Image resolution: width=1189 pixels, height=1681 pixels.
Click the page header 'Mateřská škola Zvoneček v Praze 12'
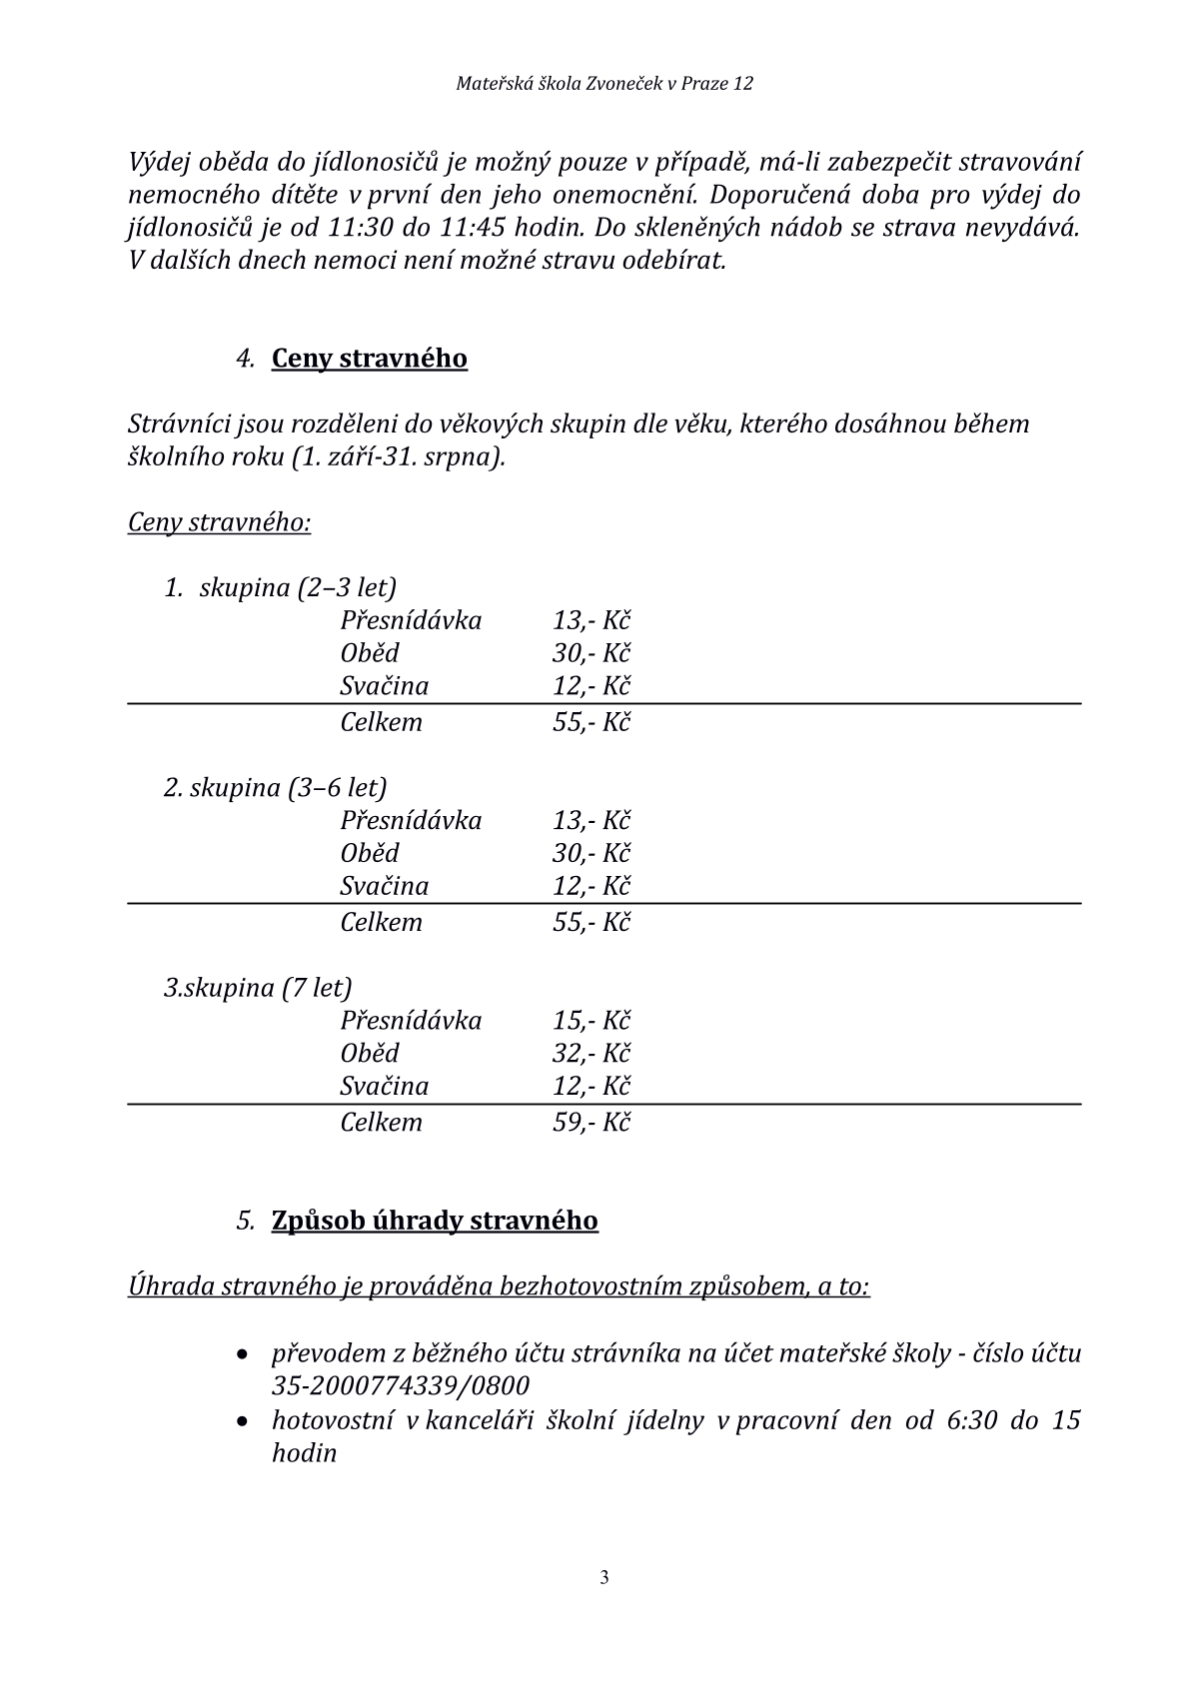tap(603, 84)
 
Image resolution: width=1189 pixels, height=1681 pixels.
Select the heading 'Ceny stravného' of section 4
tap(369, 358)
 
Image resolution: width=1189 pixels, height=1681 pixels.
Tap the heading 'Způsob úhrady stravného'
tap(435, 1220)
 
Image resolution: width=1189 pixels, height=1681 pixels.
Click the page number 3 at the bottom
tap(603, 1578)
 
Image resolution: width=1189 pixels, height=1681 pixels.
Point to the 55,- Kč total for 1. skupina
tap(591, 722)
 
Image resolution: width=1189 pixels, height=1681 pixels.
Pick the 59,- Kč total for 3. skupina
tap(591, 1122)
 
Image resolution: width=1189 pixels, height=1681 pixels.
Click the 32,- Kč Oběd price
tap(591, 1053)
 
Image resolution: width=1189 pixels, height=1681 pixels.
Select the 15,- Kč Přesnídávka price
tap(591, 1020)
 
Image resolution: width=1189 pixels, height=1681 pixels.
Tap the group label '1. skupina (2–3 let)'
tap(280, 586)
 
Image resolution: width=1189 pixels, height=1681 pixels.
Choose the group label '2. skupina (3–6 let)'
tap(275, 787)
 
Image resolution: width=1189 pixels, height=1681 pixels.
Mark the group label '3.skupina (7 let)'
tap(258, 987)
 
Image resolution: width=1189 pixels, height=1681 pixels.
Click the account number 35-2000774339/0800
tap(400, 1386)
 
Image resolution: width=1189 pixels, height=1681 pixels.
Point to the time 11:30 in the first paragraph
tap(360, 227)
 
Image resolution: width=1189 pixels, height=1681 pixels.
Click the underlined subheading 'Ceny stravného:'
tap(219, 522)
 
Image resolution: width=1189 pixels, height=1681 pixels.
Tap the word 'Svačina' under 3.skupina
tap(384, 1086)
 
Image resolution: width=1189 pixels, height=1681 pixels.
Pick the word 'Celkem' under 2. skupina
tap(381, 922)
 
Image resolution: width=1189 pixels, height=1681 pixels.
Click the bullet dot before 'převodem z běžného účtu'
tap(243, 1355)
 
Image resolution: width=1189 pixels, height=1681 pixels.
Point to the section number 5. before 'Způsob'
tap(246, 1221)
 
